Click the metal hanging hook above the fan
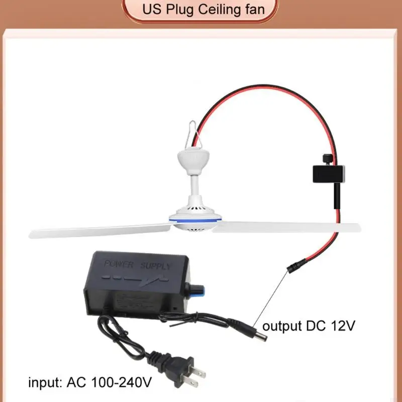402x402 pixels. tap(191, 135)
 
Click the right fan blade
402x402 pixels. tap(281, 227)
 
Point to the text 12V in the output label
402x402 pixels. tap(343, 326)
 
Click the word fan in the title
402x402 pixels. tap(252, 10)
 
